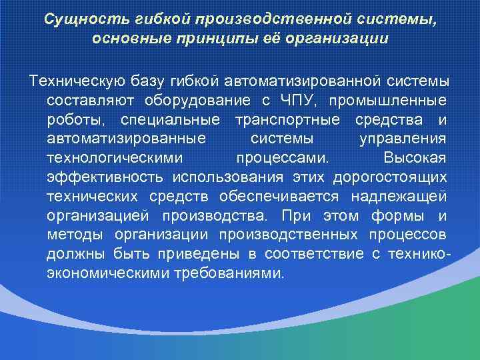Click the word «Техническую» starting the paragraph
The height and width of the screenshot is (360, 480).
click(x=75, y=81)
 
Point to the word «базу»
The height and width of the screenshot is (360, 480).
click(x=145, y=81)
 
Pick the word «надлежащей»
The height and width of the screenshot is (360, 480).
click(x=406, y=197)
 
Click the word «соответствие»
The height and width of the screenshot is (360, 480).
click(x=314, y=255)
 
